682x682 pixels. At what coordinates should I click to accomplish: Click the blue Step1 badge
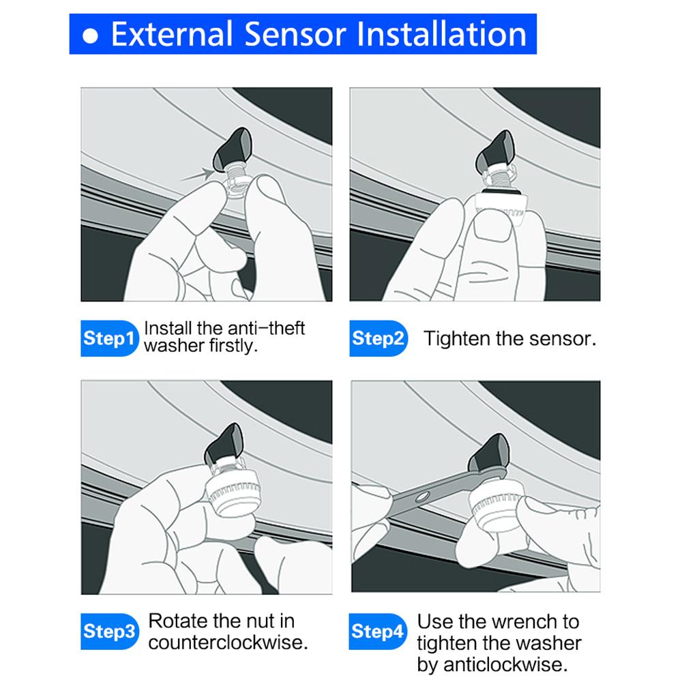point(108,338)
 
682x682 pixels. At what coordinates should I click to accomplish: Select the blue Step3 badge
point(108,631)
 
